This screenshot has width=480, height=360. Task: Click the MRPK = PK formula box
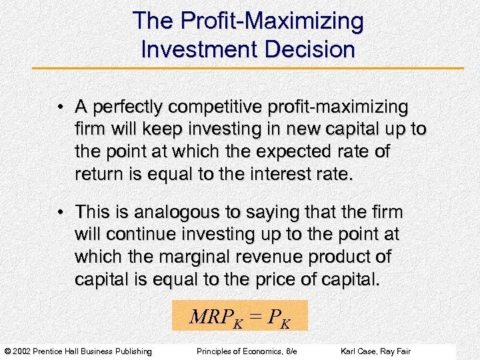[x=239, y=316]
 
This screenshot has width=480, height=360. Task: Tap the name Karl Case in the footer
[x=358, y=351]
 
